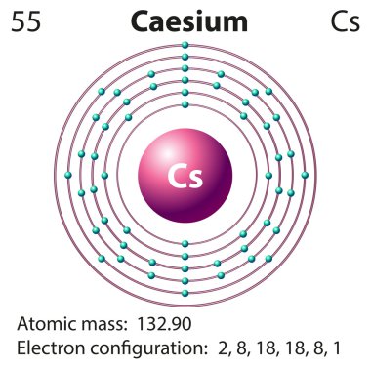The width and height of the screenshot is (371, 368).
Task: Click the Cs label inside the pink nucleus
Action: click(185, 176)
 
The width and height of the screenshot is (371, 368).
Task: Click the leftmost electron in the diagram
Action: click(67, 176)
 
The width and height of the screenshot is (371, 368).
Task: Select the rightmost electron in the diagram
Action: click(304, 176)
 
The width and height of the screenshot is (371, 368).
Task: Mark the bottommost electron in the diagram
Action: click(185, 293)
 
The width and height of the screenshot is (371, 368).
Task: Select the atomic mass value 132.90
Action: click(177, 323)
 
